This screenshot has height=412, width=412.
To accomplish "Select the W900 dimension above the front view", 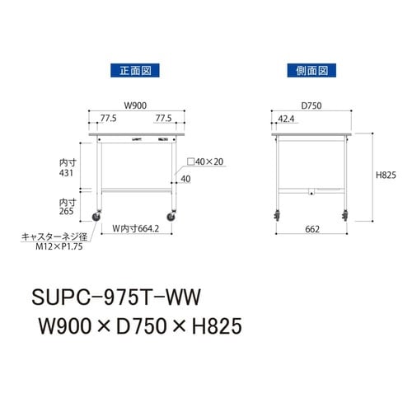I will pyautogui.click(x=135, y=106).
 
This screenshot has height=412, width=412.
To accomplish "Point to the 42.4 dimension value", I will pyautogui.click(x=285, y=119).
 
